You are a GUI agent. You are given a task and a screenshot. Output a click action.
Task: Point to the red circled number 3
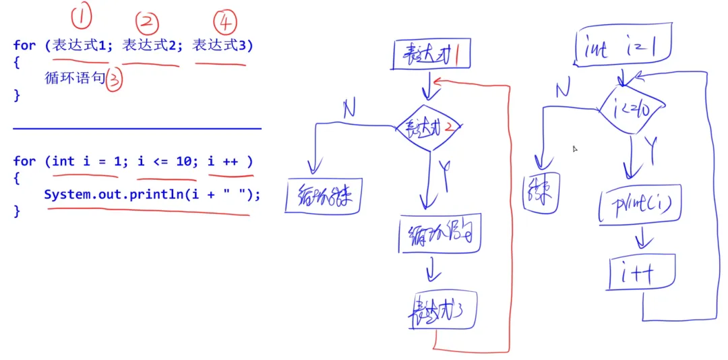(115, 80)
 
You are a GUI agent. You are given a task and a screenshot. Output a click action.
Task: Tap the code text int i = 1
(86, 162)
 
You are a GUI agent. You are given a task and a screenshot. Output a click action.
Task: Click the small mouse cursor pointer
(575, 149)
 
